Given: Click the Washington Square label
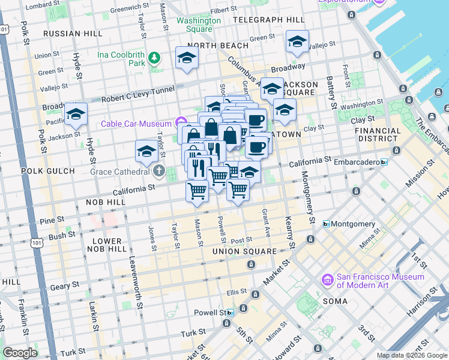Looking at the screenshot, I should (198, 25).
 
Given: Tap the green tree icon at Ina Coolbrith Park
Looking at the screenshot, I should (155, 58).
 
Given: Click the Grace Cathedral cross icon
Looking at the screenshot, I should (158, 172).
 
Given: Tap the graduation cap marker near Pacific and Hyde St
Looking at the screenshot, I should (76, 113).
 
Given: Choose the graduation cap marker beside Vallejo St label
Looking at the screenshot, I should (297, 42).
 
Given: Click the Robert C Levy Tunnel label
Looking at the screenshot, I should (137, 91).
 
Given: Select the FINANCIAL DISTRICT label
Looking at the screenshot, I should (378, 135).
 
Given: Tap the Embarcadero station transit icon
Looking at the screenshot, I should (384, 162).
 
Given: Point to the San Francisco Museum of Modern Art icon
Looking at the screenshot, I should (327, 280).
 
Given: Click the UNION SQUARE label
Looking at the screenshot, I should (244, 251).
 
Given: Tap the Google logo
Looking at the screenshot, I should (20, 353).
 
